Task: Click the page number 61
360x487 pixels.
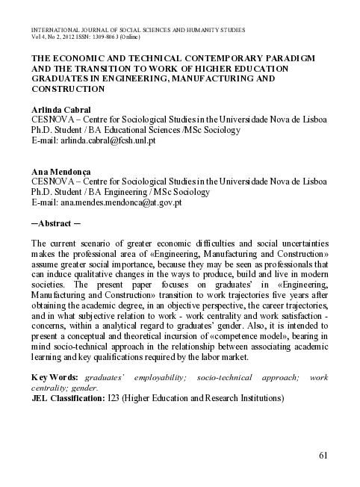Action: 323,456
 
